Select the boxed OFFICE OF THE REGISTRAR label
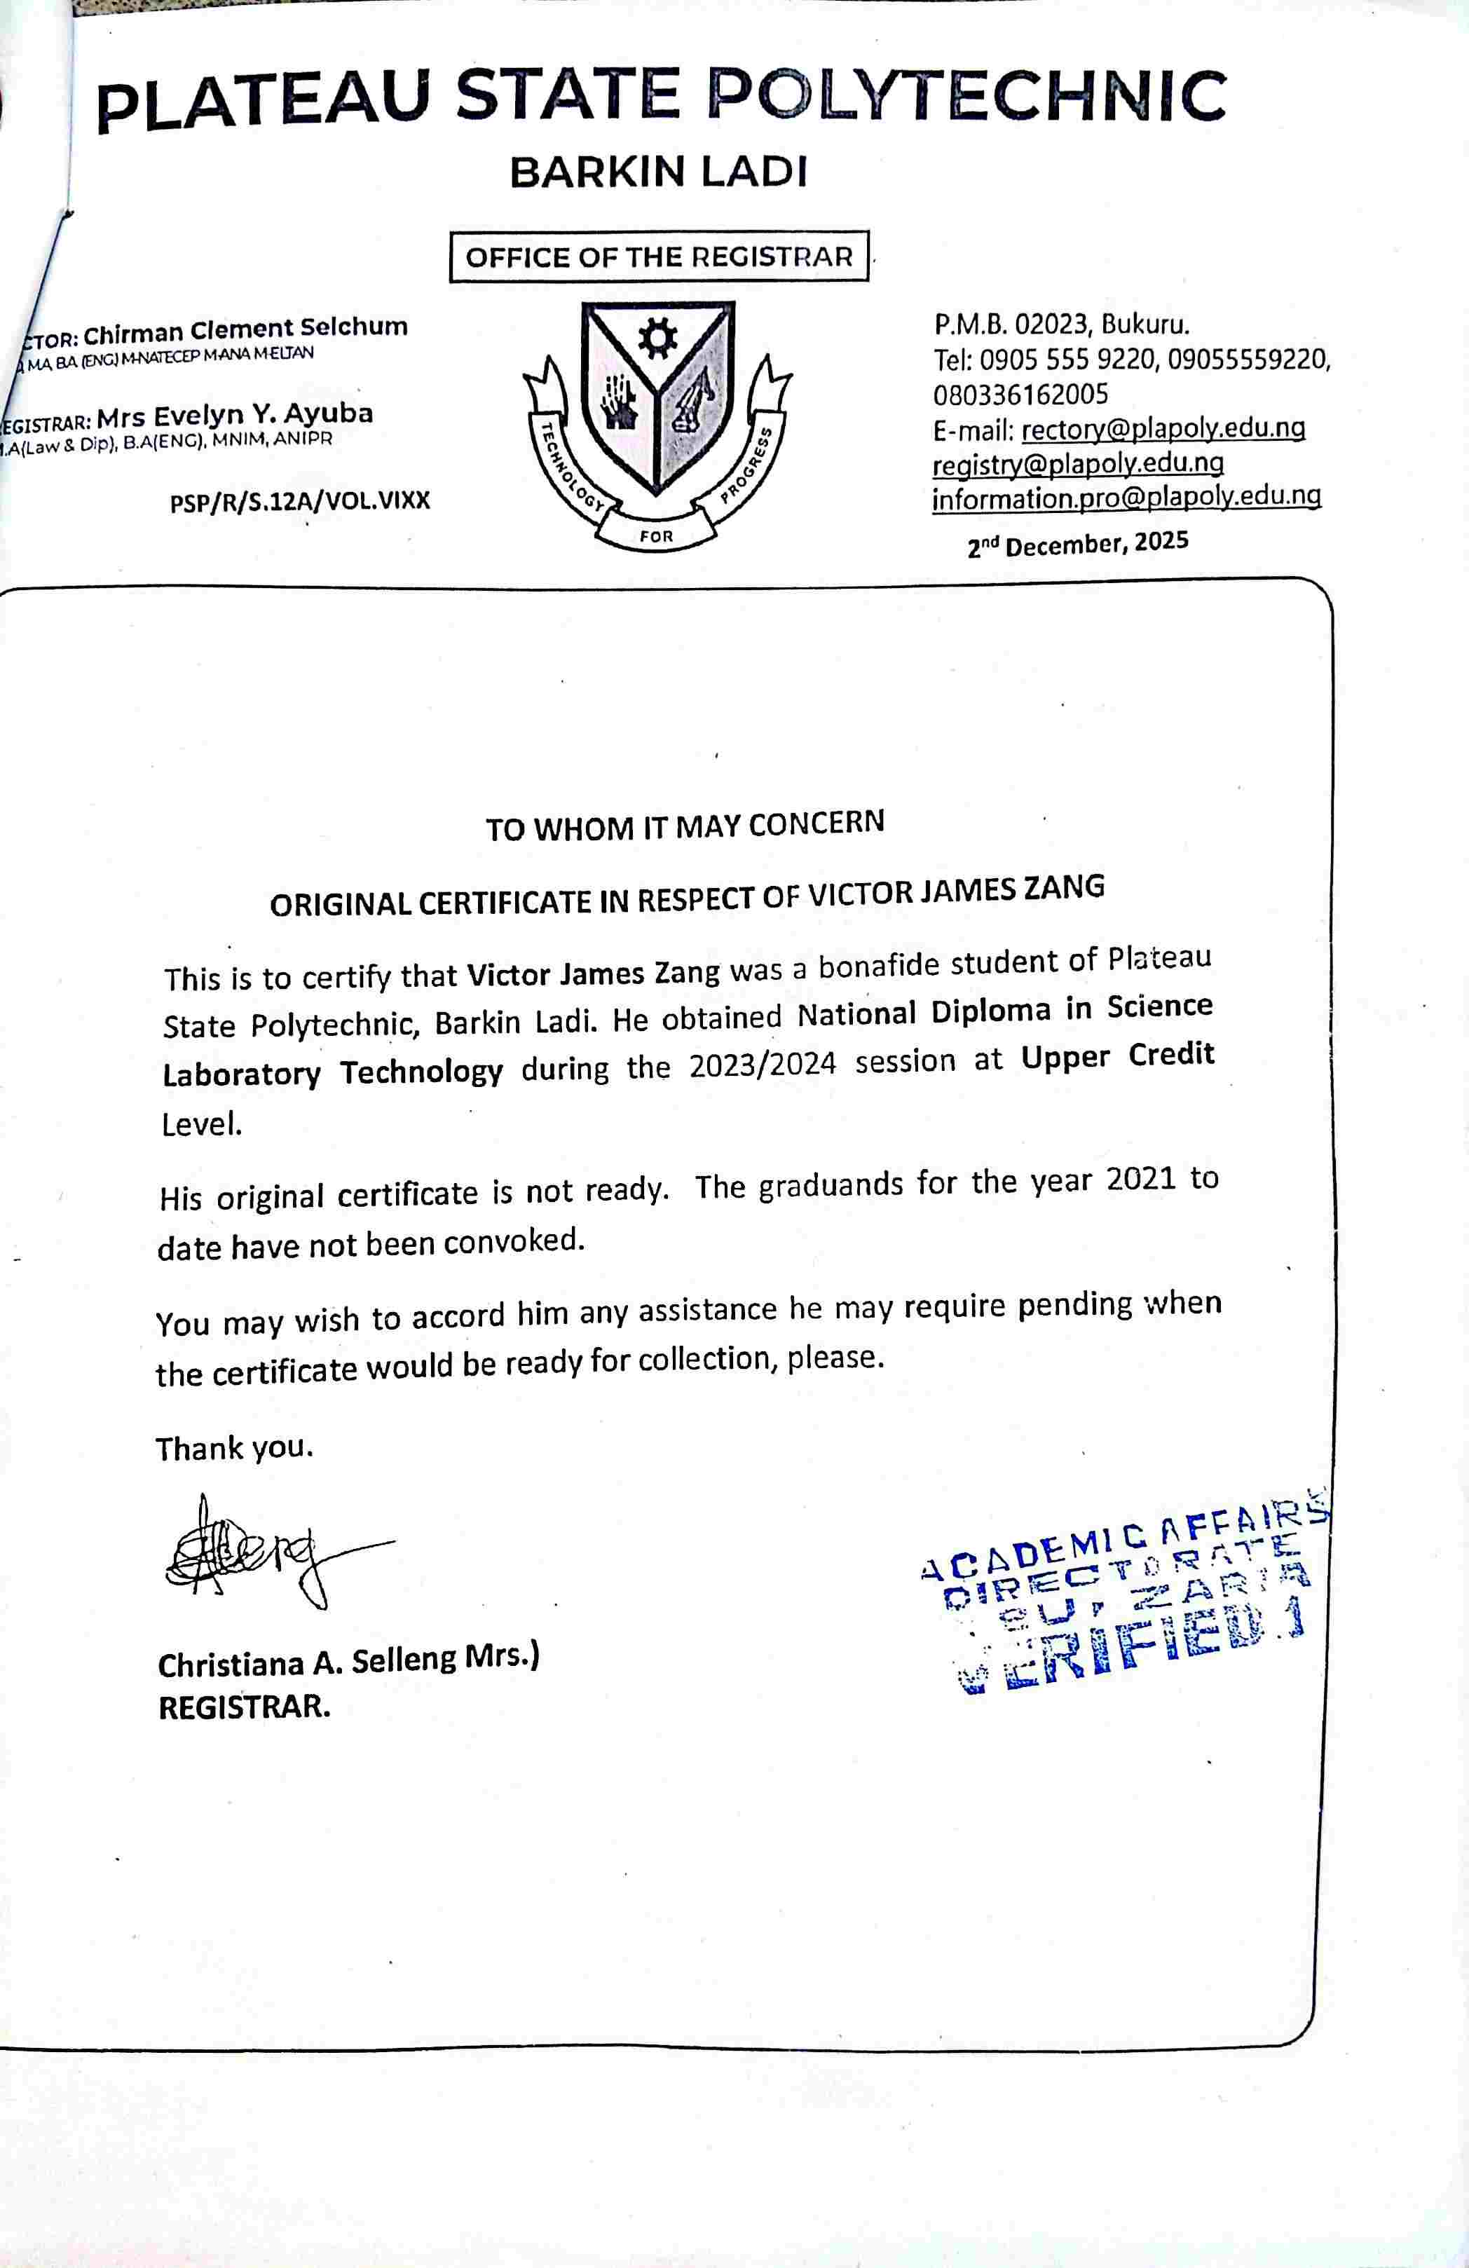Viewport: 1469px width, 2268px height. [x=658, y=257]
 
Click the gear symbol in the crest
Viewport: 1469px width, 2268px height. [x=657, y=339]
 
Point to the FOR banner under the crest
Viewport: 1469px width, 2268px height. [x=657, y=536]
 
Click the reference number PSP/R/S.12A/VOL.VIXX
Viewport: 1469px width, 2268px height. [x=300, y=500]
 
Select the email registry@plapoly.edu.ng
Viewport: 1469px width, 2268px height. [x=1077, y=464]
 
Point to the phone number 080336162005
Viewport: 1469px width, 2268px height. [x=1020, y=394]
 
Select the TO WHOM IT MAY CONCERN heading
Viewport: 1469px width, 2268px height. [x=685, y=825]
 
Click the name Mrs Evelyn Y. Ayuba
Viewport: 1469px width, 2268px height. [x=234, y=416]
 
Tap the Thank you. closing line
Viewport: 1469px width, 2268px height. [x=234, y=1449]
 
